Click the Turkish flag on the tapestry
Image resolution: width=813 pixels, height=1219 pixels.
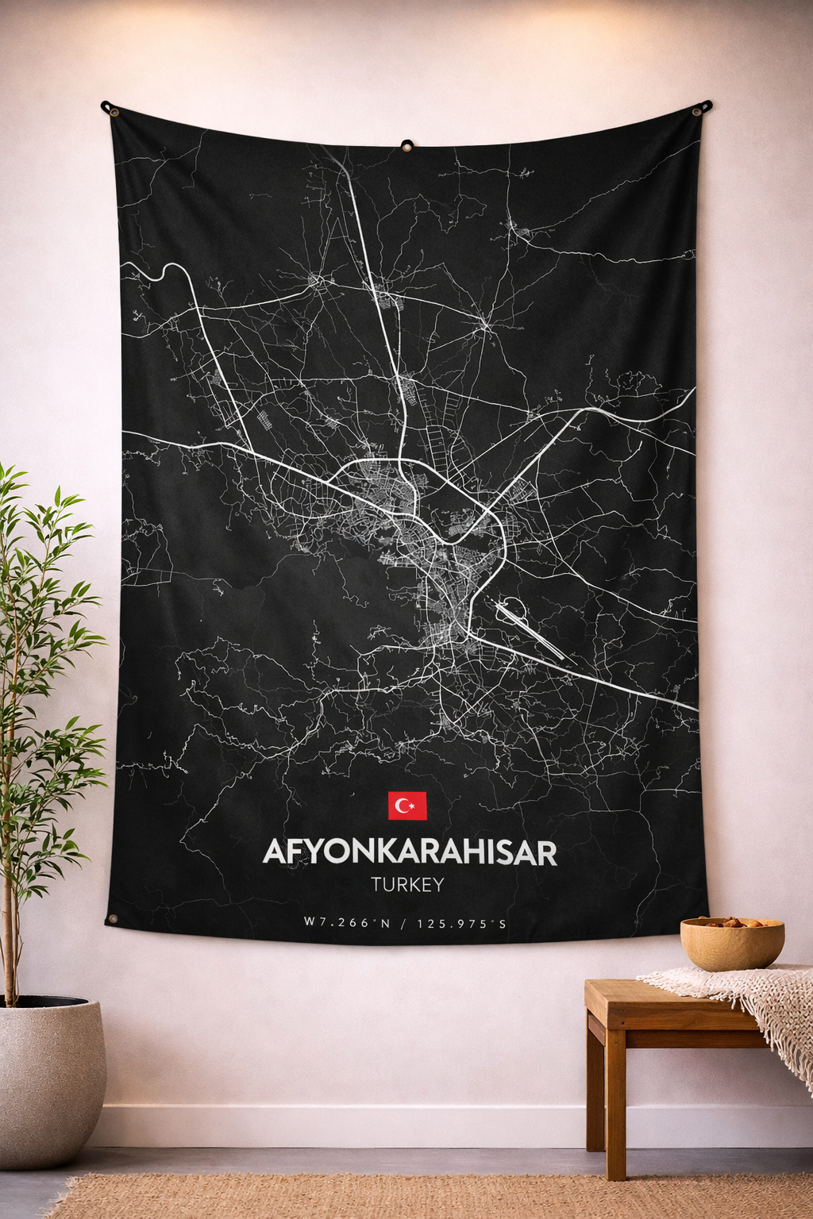coord(407,806)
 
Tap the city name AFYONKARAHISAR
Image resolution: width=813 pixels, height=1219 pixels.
coord(409,852)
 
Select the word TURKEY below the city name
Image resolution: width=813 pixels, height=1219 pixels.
coord(406,885)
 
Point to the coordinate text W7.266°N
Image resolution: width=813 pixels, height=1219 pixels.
coord(347,923)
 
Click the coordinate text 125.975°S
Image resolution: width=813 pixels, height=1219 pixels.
coord(461,923)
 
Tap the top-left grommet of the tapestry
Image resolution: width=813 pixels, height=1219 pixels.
coord(113,111)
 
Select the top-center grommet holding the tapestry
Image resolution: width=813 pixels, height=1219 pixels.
coord(406,146)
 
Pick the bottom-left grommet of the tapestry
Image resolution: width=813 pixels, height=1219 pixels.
coord(113,919)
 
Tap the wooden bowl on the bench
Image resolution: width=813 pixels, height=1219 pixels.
coord(731,948)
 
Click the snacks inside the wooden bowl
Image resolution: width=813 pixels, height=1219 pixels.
coord(733,923)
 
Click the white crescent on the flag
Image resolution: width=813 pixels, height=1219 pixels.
coord(403,806)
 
